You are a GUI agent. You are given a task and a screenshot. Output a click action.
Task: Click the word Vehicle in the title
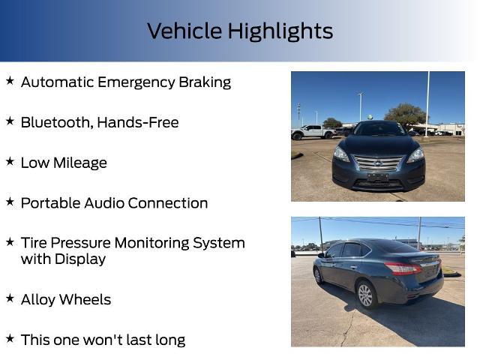pos(184,31)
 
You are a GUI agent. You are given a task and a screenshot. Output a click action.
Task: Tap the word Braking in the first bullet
pos(204,82)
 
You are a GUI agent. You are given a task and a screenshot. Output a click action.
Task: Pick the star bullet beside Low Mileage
pos(10,162)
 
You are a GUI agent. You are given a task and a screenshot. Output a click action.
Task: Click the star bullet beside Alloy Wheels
pos(10,298)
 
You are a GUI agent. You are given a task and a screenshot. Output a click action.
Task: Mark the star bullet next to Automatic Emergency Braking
pos(10,81)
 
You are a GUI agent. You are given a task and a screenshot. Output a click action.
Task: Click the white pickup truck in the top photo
pos(313,132)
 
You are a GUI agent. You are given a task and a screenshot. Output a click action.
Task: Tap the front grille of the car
pos(378,163)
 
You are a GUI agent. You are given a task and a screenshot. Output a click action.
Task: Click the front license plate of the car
pos(377,178)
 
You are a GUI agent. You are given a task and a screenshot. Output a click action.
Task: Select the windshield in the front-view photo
pos(379,129)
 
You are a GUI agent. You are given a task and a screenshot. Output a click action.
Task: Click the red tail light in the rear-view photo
pos(402,268)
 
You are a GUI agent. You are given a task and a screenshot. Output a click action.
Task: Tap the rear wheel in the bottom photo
pos(366,295)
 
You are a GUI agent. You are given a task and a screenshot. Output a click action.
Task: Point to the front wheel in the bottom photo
pos(319,275)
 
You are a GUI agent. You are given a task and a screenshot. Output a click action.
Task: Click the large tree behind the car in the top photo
pos(405,115)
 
